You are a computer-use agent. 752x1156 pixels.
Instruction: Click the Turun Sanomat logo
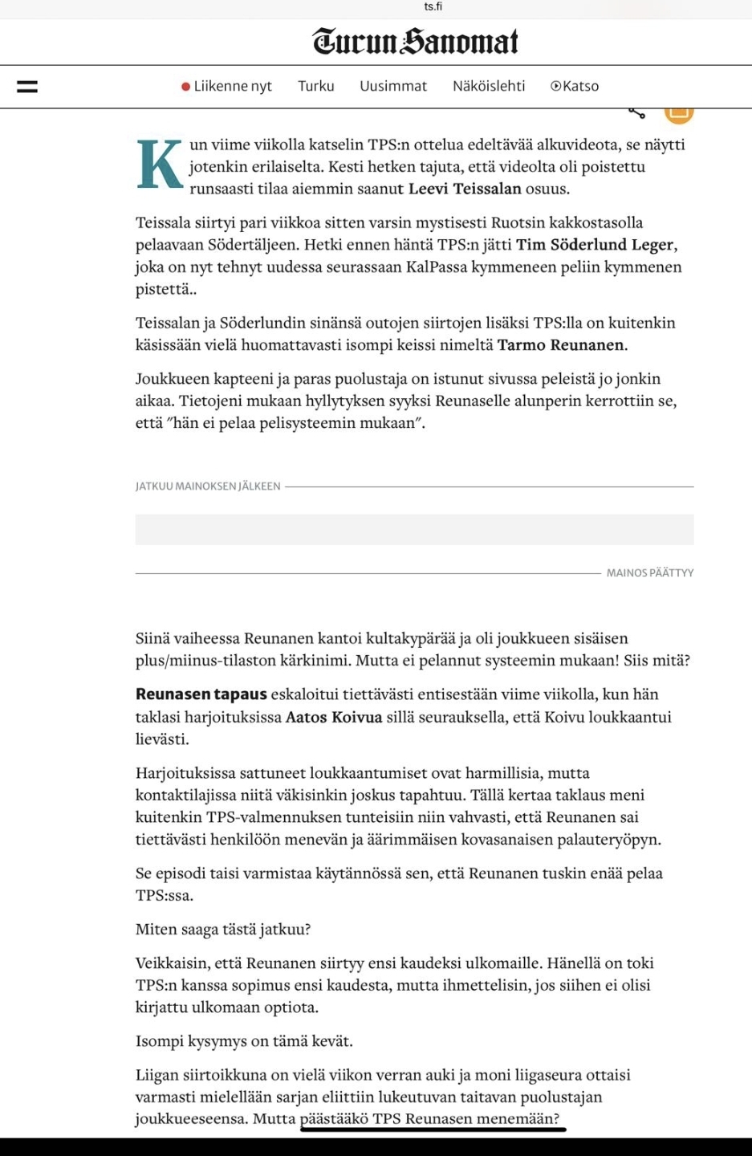point(416,41)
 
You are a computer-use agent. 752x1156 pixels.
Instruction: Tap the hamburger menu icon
point(27,87)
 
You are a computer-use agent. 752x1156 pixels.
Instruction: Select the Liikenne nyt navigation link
point(233,87)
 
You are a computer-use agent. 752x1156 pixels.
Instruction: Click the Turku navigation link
point(316,87)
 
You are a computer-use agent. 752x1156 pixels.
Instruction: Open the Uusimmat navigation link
point(393,87)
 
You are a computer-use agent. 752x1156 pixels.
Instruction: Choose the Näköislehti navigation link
point(489,87)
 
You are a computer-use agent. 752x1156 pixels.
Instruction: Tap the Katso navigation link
point(575,87)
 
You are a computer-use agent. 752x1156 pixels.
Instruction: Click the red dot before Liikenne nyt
point(186,87)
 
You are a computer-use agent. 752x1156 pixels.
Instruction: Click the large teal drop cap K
point(160,165)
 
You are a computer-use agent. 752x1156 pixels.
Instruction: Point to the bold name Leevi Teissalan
point(465,189)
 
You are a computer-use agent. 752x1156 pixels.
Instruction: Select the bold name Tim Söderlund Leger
point(595,245)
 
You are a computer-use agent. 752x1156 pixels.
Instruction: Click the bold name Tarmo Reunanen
point(560,345)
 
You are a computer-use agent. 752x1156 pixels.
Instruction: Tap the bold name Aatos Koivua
point(334,717)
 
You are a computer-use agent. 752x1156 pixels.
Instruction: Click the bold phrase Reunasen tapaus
point(201,694)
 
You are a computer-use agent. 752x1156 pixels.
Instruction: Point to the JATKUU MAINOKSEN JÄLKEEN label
point(208,486)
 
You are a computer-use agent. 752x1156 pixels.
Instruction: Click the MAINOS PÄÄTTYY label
point(650,573)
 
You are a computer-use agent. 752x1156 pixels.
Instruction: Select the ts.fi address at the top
point(433,6)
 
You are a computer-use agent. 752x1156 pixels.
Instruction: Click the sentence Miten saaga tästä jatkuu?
point(223,930)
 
